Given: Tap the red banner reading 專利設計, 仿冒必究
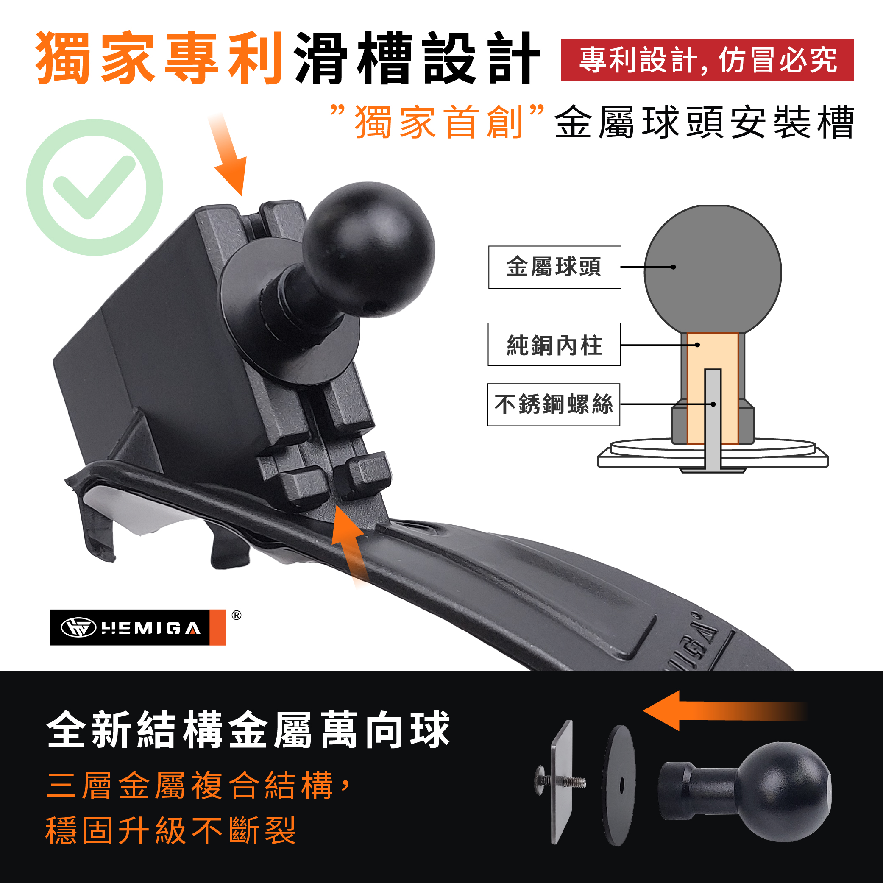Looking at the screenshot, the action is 707,60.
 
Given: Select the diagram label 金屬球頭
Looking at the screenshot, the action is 554,267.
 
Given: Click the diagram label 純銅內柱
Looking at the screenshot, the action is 554,345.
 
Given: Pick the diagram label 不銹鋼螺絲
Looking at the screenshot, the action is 554,404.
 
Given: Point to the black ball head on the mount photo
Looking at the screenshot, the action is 368,250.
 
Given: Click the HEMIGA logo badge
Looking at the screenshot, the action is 138,627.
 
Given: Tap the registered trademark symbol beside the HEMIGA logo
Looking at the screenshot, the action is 236,615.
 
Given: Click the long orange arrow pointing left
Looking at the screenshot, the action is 724,711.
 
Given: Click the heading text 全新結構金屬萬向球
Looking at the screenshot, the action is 248,730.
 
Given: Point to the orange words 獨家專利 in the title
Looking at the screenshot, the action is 159,58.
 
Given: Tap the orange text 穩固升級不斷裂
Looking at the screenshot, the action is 171,830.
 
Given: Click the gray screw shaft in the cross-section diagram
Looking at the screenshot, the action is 713,420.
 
